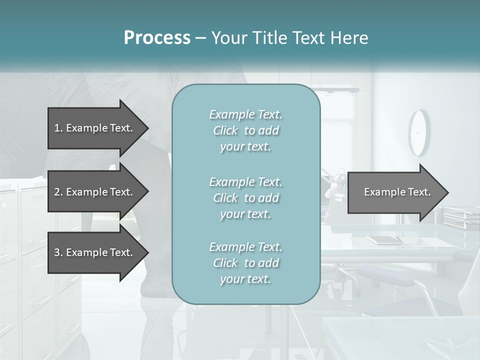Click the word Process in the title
pos(157,38)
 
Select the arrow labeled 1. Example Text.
pos(95,128)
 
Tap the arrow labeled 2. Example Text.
pos(95,192)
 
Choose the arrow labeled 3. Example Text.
pos(95,252)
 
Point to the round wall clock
pos(418,132)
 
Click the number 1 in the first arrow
pos(57,128)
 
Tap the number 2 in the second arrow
pos(57,192)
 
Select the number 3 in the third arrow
pos(57,252)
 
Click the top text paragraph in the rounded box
pos(245,130)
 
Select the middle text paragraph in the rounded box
pos(245,198)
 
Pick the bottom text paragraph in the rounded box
pos(245,263)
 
